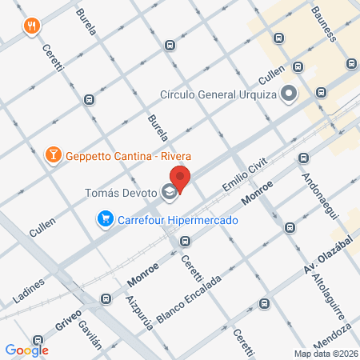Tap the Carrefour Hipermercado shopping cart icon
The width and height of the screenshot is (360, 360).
click(x=105, y=218)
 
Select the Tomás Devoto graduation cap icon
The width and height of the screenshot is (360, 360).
click(x=169, y=192)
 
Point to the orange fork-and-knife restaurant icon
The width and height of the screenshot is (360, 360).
click(x=32, y=25)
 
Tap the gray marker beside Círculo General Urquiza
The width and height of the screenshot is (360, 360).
click(x=289, y=94)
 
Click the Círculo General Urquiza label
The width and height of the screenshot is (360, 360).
click(x=218, y=94)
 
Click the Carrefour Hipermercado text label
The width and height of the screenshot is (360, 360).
click(x=173, y=218)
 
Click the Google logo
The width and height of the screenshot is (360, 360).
click(x=26, y=350)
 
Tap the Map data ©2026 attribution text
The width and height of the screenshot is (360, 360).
click(x=325, y=354)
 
